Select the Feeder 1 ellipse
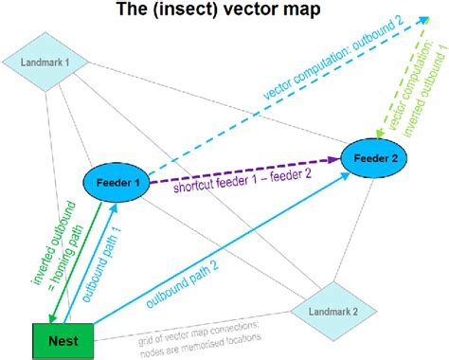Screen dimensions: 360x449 [118, 182]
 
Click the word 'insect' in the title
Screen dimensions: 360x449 [195, 12]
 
